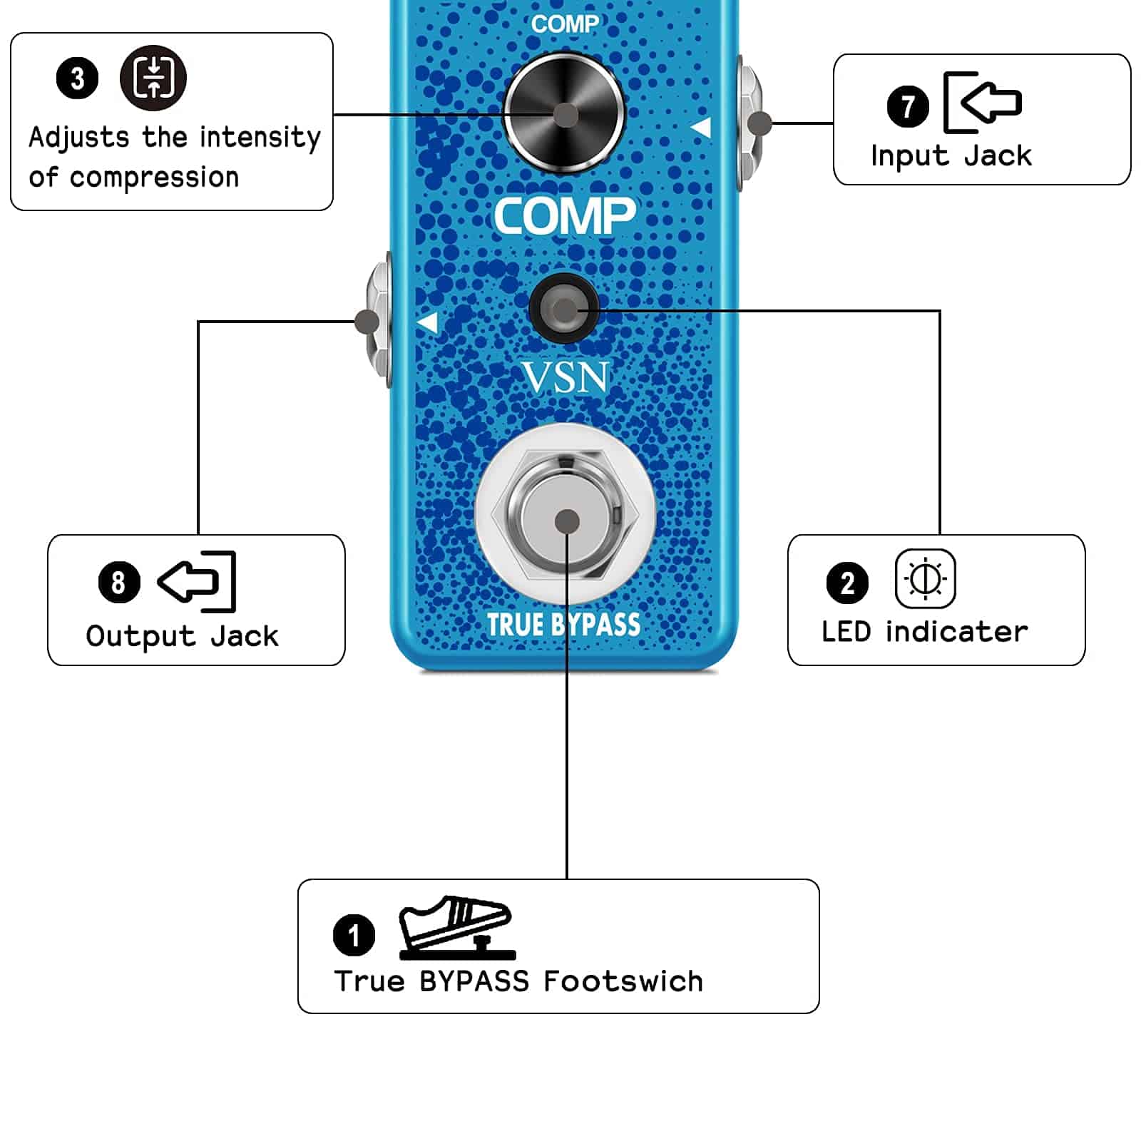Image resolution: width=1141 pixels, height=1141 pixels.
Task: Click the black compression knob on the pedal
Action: coord(564,114)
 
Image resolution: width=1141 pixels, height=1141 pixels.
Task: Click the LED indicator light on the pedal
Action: coord(564,309)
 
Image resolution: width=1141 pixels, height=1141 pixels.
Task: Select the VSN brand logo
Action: coord(565,377)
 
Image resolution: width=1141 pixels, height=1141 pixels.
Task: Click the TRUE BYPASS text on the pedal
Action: coord(563,625)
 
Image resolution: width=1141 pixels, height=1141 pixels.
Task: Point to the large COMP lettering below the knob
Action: coord(564,216)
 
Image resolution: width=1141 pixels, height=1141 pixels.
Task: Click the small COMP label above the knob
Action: coord(564,24)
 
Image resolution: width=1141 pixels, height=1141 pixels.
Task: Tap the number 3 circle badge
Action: coord(77,78)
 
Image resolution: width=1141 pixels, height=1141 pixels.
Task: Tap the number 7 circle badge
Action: coord(907,106)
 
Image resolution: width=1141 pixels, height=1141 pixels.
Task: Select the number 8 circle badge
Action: coord(119,582)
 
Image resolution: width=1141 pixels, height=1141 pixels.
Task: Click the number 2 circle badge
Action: coord(847,583)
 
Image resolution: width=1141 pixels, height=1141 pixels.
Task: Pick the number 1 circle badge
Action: coord(354,935)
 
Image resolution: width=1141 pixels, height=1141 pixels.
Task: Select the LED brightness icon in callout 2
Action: coord(925,578)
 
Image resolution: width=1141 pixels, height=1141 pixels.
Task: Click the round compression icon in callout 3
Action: coord(153,77)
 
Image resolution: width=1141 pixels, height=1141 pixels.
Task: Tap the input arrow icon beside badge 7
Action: coord(982,102)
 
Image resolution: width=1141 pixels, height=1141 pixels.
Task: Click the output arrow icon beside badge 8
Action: coord(197,581)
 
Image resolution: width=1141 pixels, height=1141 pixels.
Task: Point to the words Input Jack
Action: coord(951,155)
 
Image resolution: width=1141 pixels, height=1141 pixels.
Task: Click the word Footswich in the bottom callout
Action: coord(623,981)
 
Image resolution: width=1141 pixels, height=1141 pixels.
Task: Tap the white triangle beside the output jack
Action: coord(427,322)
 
